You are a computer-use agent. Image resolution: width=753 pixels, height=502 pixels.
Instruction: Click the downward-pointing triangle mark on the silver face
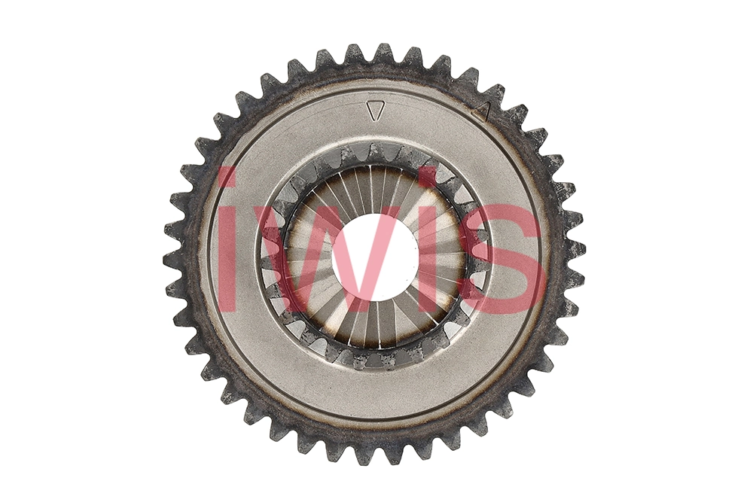point(376,111)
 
